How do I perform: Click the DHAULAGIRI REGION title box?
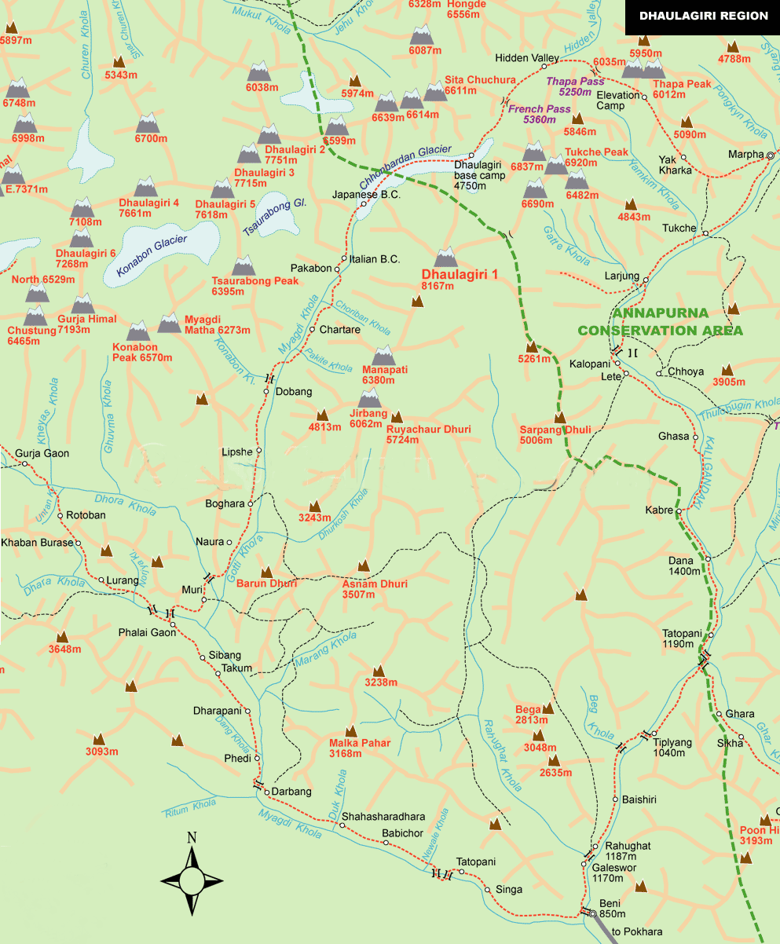pos(702,15)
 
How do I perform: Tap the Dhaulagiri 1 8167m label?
pos(449,280)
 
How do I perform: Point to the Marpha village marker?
pos(770,156)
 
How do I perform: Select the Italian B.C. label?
pos(375,259)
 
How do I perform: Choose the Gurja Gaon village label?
pos(43,453)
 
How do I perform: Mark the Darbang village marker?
pos(266,792)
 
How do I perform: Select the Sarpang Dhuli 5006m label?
pos(555,435)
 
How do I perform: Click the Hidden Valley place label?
pos(525,58)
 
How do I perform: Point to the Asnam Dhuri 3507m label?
pos(375,589)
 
